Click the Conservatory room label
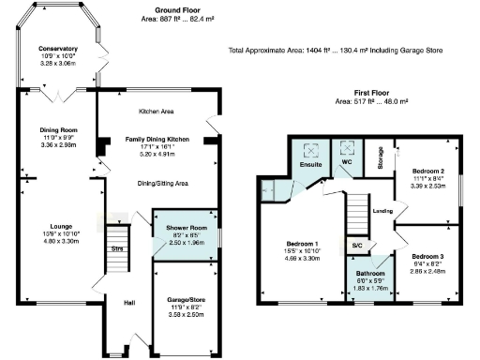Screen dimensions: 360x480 pyautogui.click(x=58, y=49)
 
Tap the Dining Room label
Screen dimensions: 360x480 pyautogui.click(x=58, y=130)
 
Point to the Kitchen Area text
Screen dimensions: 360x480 pyautogui.click(x=157, y=112)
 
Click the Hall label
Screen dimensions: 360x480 pyautogui.click(x=130, y=303)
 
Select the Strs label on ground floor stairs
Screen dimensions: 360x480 pyautogui.click(x=117, y=249)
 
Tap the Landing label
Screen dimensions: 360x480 pyautogui.click(x=382, y=211)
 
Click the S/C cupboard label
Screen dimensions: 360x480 pyautogui.click(x=357, y=246)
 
